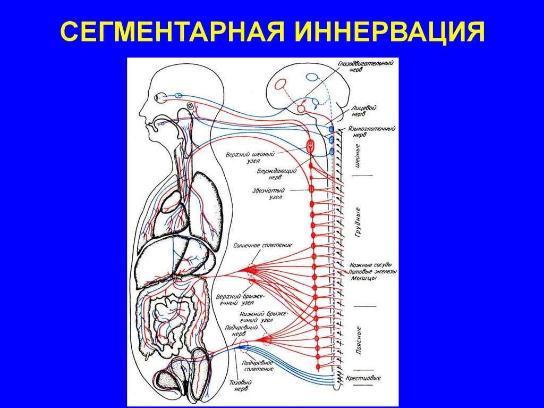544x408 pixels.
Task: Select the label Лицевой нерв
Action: coord(363,110)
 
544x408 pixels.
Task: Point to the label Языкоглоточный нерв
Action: coord(367,131)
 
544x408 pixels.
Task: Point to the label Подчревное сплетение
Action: coord(258,365)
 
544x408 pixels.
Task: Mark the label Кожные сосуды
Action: coord(371,265)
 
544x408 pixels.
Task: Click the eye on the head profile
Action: coord(160,97)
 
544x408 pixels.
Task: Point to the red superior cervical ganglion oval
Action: coord(311,144)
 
